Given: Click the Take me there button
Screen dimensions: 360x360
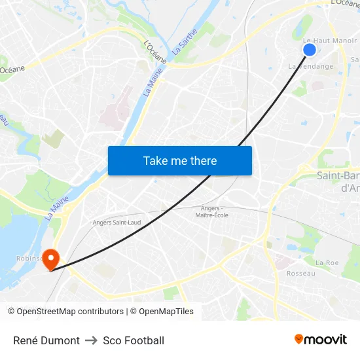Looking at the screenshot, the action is (x=180, y=160).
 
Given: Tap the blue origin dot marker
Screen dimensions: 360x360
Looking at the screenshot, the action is (x=310, y=49).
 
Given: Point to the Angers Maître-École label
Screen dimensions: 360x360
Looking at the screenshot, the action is (x=211, y=211).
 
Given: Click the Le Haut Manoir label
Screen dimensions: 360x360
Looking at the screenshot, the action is (x=330, y=41).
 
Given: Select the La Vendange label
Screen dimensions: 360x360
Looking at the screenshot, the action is (x=311, y=66).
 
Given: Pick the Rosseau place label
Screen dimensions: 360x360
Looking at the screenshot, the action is (x=301, y=273).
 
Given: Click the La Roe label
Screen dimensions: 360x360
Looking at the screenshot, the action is (x=327, y=262).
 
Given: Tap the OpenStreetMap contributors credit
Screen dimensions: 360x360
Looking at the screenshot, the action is (x=65, y=312).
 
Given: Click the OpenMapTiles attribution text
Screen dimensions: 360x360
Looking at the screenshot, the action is (x=162, y=312).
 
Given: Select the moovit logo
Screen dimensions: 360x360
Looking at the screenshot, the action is (x=321, y=339).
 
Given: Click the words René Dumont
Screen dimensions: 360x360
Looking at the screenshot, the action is (x=46, y=340).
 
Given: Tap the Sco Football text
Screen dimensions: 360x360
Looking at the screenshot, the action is (x=134, y=340).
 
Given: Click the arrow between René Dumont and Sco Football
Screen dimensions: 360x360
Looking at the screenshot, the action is (x=91, y=340).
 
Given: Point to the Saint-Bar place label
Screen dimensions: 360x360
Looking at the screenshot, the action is (x=338, y=175).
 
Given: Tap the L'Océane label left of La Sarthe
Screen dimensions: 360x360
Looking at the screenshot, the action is (x=155, y=52).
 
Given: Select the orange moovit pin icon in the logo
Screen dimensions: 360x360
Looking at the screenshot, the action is (x=299, y=339).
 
